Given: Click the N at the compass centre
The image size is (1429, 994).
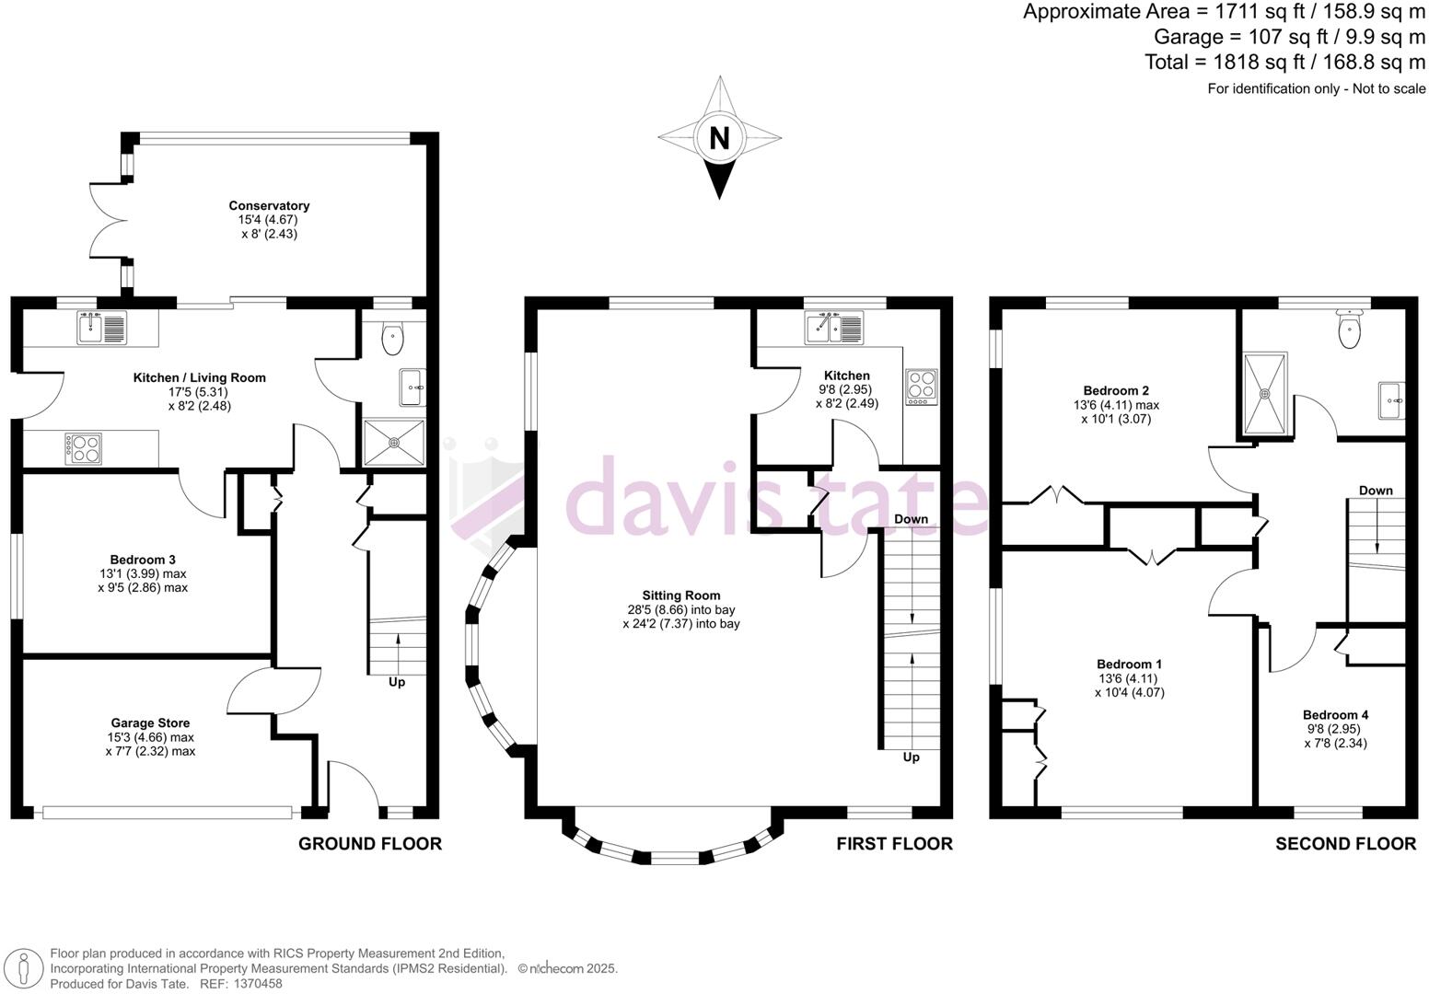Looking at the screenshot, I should (719, 138).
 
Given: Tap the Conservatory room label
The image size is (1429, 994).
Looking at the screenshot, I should (269, 206).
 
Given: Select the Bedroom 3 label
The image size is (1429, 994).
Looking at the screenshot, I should (143, 560).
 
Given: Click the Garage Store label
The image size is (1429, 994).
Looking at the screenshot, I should (150, 723).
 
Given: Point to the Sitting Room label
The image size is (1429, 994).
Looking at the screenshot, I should (681, 595).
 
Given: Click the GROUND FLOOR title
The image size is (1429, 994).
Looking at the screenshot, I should (369, 844).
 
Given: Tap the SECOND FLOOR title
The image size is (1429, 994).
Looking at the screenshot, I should (1345, 844).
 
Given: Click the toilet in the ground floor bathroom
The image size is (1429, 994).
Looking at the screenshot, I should (392, 339).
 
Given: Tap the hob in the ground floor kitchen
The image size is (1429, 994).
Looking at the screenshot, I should (82, 449).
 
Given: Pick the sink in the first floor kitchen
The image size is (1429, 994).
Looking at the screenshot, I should (833, 327).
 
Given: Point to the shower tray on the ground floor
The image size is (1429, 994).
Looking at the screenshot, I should (394, 443).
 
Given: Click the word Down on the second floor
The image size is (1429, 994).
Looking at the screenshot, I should (1376, 491).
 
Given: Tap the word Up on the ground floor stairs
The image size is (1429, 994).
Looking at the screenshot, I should (397, 682).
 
